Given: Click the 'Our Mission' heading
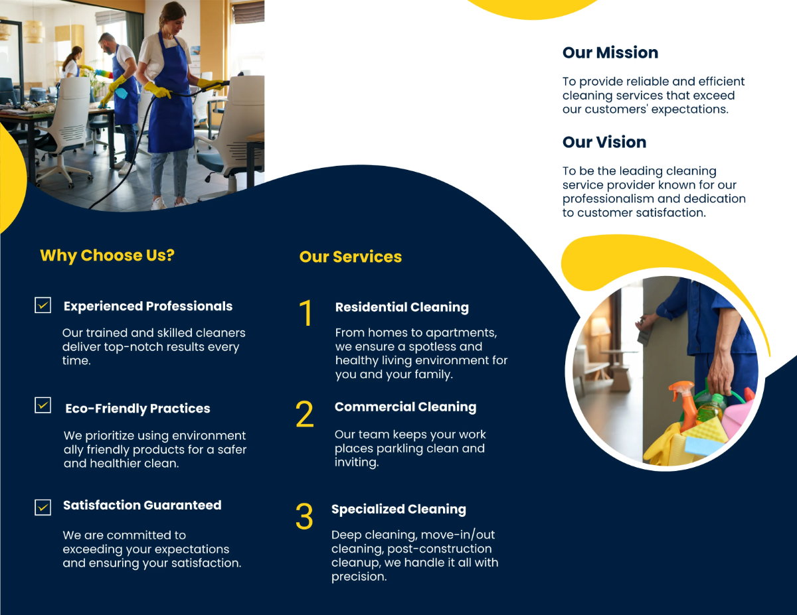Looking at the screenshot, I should point(610,53).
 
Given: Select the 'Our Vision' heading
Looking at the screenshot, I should point(604,142).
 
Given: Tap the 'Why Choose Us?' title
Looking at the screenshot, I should point(107,255).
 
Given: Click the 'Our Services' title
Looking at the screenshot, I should point(350,257).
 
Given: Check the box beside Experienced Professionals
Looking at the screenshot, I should point(43,305).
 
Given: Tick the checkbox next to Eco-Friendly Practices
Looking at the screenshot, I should point(43,405).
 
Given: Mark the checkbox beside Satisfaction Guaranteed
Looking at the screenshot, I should point(43,507).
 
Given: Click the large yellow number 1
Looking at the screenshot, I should point(306,313).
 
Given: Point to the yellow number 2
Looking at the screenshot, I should point(304,415).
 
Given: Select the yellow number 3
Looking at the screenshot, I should point(304,517).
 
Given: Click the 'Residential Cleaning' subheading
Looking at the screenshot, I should point(401,307).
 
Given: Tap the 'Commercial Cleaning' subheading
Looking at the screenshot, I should point(405,407).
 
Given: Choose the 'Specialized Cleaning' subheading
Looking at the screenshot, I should point(398,509).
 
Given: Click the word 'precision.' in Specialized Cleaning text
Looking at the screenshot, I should point(359,577).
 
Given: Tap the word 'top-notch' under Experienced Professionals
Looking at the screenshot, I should point(132,347).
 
